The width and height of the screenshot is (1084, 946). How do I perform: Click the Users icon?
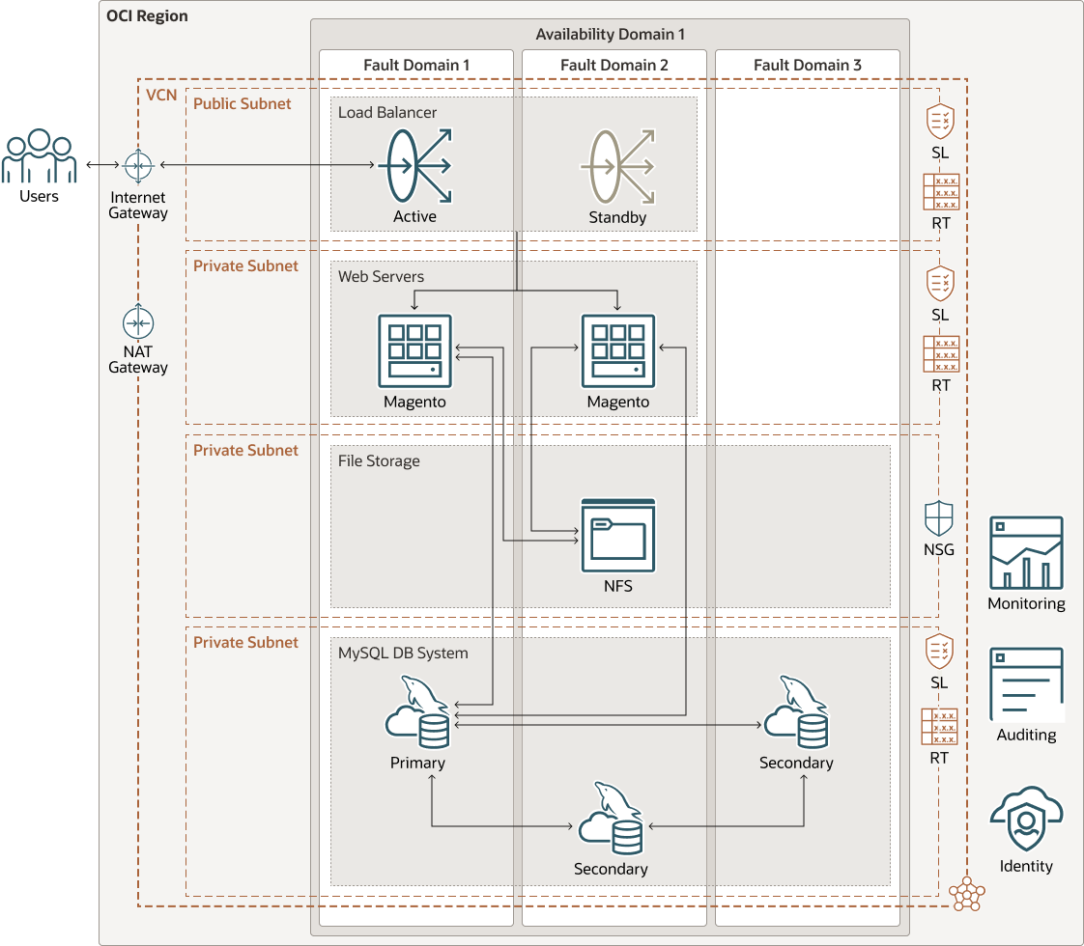(x=39, y=156)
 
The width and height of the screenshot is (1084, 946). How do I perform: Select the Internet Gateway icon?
(x=138, y=166)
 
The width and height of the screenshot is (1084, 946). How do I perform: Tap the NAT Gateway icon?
(x=138, y=322)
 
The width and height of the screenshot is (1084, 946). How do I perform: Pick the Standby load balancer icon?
(x=619, y=166)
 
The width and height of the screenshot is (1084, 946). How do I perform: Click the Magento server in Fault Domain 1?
(x=415, y=350)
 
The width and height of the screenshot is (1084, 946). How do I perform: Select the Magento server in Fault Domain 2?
(x=618, y=350)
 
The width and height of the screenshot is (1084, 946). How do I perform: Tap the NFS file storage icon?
(x=618, y=535)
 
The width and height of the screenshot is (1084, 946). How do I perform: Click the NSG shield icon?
(x=939, y=518)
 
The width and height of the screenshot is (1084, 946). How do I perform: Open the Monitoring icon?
(x=1026, y=553)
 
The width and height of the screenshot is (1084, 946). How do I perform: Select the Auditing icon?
(x=1026, y=684)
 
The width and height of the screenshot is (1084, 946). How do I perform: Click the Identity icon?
(x=1026, y=819)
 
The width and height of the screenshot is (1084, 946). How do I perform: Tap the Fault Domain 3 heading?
(x=807, y=66)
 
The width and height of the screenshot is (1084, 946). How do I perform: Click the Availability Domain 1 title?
(x=610, y=35)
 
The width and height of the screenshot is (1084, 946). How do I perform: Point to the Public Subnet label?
(x=242, y=103)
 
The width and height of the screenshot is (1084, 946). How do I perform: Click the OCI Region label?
(x=147, y=16)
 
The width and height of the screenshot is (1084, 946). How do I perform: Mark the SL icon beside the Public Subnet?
(x=940, y=122)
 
